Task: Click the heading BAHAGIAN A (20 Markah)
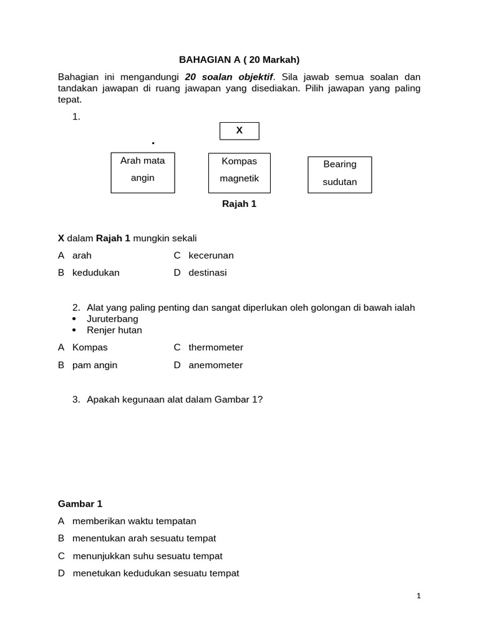pos(239,60)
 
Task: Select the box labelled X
pos(239,131)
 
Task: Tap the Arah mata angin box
pos(143,173)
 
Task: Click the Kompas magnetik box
pos(239,173)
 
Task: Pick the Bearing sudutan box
pos(340,174)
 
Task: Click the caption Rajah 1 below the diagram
pos(239,204)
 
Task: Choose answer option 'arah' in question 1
pos(82,255)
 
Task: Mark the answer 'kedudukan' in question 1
pos(95,273)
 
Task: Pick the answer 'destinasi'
pos(208,273)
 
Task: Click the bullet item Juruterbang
pos(112,319)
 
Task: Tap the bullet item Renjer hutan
pos(114,330)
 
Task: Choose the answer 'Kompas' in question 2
pos(90,348)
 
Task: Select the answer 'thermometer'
pos(216,348)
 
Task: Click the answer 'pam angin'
pos(95,365)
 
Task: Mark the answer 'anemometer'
pos(216,365)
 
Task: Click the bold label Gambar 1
pos(80,503)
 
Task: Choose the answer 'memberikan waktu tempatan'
pos(134,521)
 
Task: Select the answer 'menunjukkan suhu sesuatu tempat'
pos(147,556)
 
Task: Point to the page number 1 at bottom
pos(419,596)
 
